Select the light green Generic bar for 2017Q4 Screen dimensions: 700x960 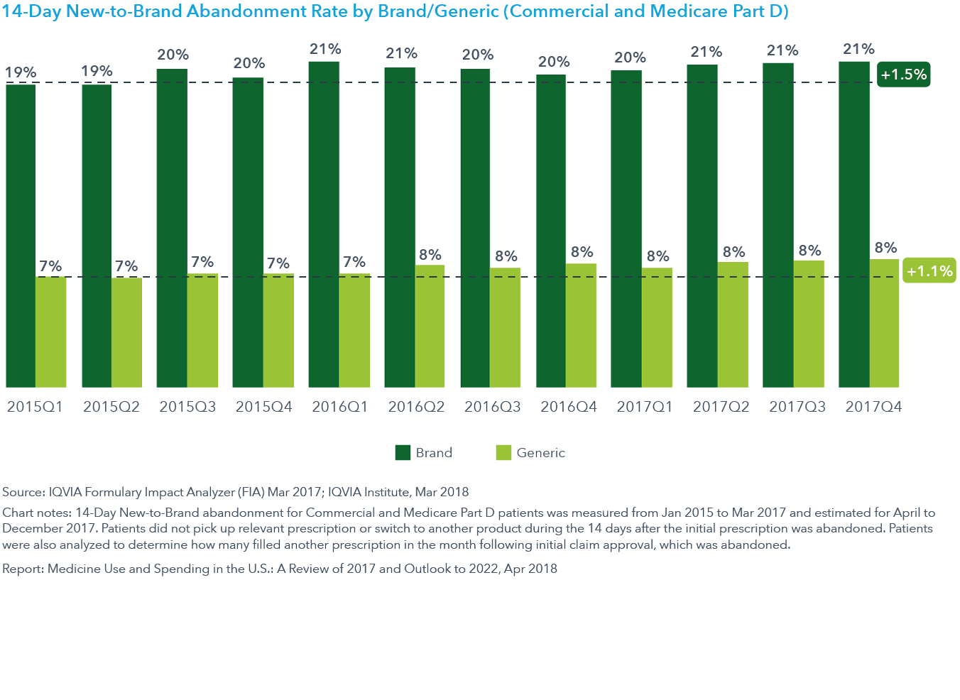884,323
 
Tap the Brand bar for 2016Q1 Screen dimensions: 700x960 324,224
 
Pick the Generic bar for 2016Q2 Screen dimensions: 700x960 430,326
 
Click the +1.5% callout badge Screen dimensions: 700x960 903,75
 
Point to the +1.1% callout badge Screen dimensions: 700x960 929,270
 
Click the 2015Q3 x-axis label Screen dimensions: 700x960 187,407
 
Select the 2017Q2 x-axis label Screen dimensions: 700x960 721,407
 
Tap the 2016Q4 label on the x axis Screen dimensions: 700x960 568,407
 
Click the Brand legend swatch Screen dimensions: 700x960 403,453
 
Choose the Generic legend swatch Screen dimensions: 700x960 503,453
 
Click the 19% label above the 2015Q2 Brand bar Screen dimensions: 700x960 97,71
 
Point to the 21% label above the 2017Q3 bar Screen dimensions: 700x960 782,50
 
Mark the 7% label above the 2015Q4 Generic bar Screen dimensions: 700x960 278,263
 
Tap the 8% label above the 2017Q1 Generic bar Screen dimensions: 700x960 658,256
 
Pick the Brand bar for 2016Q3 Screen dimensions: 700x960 475,228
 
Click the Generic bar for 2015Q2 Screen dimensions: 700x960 126,332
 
